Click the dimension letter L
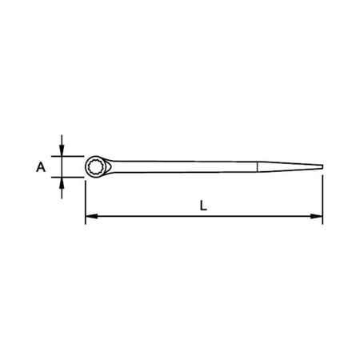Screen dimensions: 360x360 pyautogui.click(x=203, y=205)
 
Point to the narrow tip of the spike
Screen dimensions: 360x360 pyautogui.click(x=322, y=166)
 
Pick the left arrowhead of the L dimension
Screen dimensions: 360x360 pyautogui.click(x=90, y=216)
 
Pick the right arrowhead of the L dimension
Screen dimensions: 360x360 pyautogui.click(x=318, y=216)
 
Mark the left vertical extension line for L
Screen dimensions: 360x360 pyautogui.click(x=85, y=200)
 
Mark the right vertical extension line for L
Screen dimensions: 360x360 pyautogui.click(x=322, y=196)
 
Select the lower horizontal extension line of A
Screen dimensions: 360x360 pyautogui.click(x=70, y=177)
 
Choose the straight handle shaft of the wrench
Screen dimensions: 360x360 pyautogui.click(x=184, y=166)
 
